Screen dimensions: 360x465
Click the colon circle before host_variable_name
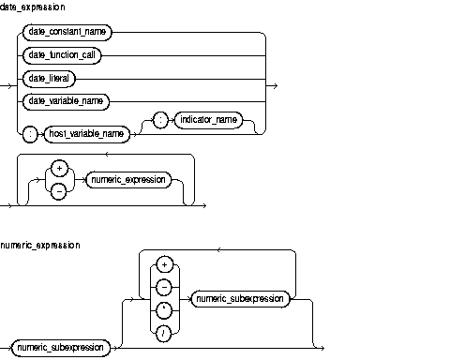[x=30, y=133]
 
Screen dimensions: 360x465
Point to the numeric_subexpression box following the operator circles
[x=238, y=298]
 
